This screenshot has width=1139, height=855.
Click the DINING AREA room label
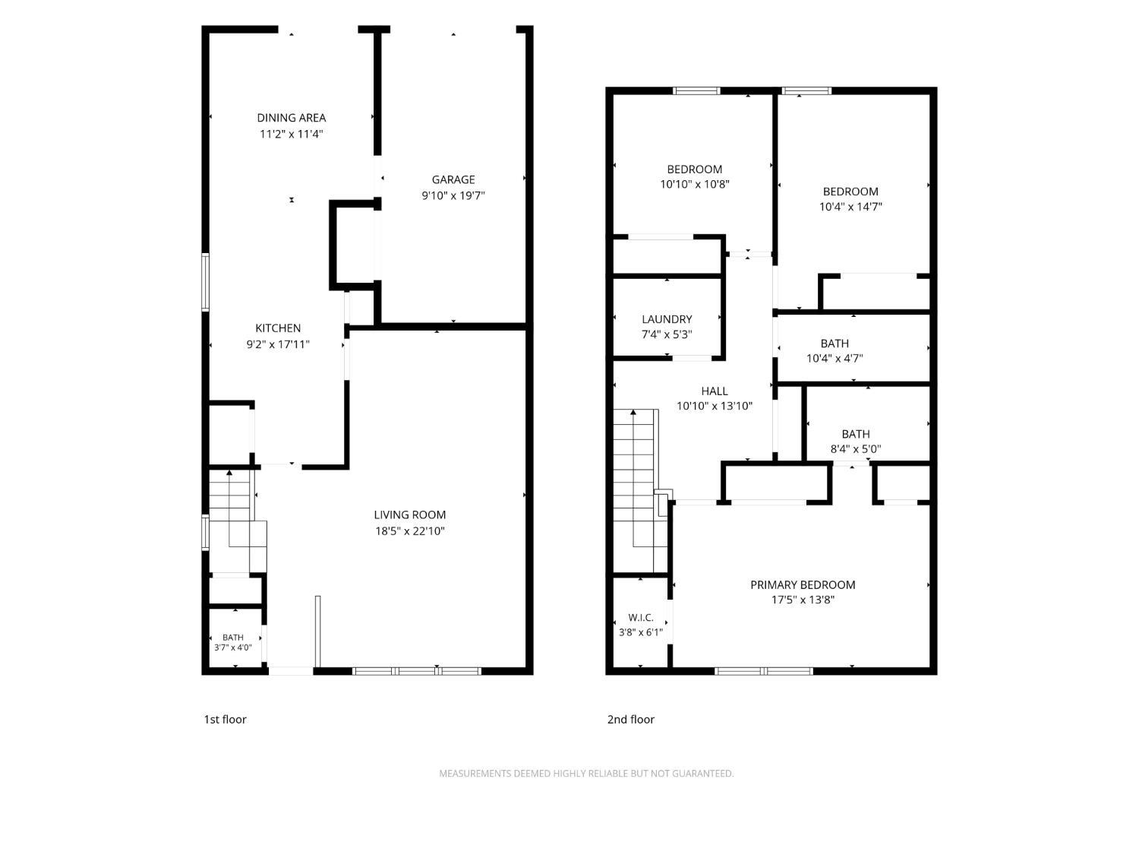pos(291,118)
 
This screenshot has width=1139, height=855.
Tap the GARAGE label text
pos(453,179)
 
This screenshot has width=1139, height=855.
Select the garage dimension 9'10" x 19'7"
pos(453,196)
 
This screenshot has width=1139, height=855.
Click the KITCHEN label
pos(278,328)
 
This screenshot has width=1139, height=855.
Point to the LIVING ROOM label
pos(409,515)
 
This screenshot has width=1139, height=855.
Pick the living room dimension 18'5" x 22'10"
pos(409,531)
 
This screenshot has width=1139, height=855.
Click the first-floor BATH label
pos(233,638)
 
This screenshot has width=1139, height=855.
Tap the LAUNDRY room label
pos(667,319)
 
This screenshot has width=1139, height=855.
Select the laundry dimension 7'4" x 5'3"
pos(667,334)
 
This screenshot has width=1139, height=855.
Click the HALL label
pos(714,391)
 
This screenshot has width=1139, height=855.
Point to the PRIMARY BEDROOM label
pos(802,584)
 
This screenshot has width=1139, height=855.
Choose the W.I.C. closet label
pos(640,618)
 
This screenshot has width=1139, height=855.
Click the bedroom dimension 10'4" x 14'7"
pos(850,207)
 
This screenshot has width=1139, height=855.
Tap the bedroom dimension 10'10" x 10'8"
pos(694,184)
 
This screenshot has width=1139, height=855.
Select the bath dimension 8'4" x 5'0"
pos(856,449)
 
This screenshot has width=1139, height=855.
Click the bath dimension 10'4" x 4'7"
pos(835,358)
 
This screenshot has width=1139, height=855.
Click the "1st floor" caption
pos(225,720)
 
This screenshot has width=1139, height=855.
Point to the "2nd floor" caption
pos(630,720)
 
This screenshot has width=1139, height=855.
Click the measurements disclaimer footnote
pos(586,774)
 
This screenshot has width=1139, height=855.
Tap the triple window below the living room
pos(417,671)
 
